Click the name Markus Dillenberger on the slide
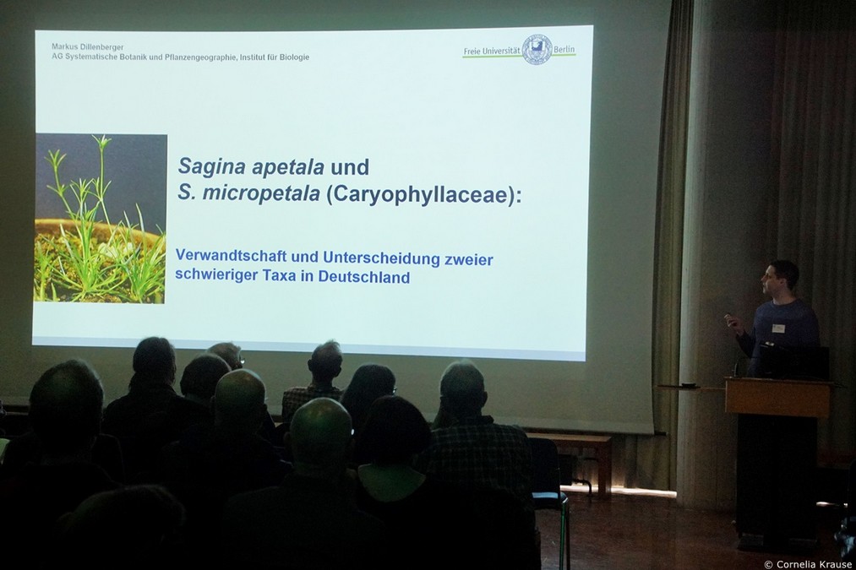click(x=88, y=47)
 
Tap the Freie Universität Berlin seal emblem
click(x=537, y=49)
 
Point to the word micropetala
click(x=260, y=193)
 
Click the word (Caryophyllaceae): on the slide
click(x=423, y=195)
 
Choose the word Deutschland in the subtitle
click(x=363, y=276)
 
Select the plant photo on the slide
click(x=101, y=218)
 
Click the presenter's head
click(x=780, y=279)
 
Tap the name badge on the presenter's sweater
click(x=778, y=328)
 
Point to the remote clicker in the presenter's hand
click(x=728, y=316)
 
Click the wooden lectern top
click(x=777, y=383)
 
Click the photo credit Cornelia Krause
click(x=808, y=564)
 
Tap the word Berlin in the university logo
click(x=564, y=50)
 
